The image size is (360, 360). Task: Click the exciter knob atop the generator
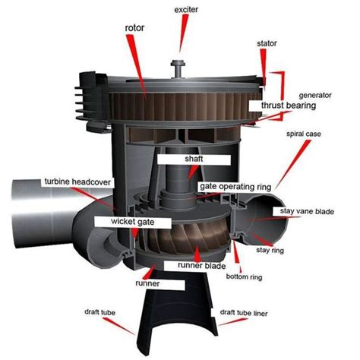click(179, 64)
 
